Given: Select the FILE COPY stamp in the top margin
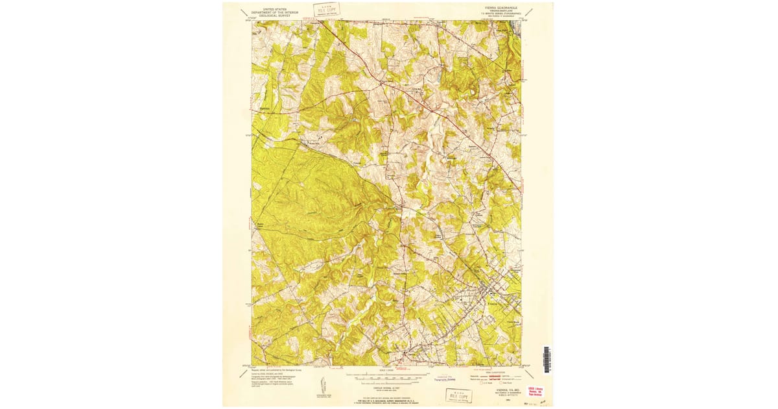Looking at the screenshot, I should click(x=326, y=10).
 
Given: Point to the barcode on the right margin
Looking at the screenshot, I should click(x=546, y=360).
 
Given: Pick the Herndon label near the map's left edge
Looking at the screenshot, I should click(x=264, y=108).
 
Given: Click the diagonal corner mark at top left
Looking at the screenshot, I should click(x=243, y=12).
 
